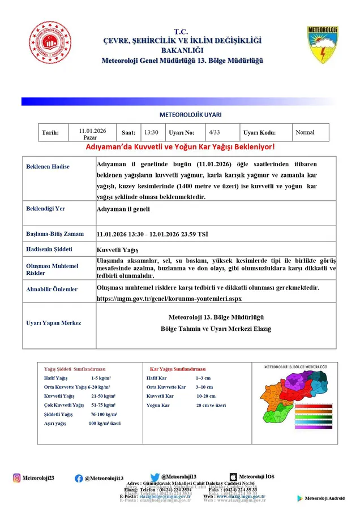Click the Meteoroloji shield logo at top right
pyautogui.click(x=323, y=44)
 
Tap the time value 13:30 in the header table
pyautogui.click(x=151, y=132)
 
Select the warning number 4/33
pyautogui.click(x=215, y=132)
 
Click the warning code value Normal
pyautogui.click(x=305, y=132)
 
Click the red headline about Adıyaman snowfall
pyautogui.click(x=179, y=146)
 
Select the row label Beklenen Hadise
pyautogui.click(x=48, y=167)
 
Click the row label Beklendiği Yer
pyautogui.click(x=46, y=209)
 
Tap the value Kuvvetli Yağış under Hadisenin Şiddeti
pyautogui.click(x=118, y=249)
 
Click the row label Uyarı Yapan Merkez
pyautogui.click(x=54, y=323)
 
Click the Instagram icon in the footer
pyautogui.click(x=16, y=478)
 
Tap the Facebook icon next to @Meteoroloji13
pyautogui.click(x=79, y=478)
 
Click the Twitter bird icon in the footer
pyautogui.click(x=155, y=477)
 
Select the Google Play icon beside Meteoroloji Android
pyautogui.click(x=300, y=498)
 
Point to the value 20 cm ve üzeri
pyautogui.click(x=211, y=406)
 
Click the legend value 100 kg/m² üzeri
pyautogui.click(x=104, y=423)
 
